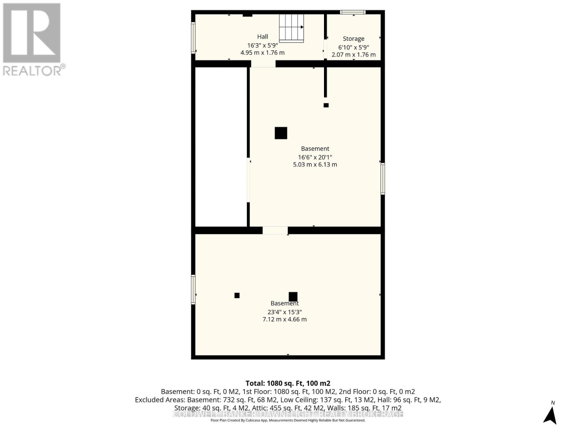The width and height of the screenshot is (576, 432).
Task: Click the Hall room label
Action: tap(262, 36)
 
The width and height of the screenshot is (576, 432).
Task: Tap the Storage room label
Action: tap(353, 39)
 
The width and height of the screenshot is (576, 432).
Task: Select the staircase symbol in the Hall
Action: tap(291, 28)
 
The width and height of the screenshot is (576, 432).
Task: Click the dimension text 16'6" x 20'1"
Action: tap(315, 157)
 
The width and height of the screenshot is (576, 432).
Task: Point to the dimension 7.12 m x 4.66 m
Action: tap(284, 319)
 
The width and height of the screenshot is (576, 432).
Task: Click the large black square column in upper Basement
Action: tap(281, 133)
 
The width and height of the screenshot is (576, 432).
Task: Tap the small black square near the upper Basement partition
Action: tap(326, 105)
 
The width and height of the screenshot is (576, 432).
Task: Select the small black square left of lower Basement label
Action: tap(237, 295)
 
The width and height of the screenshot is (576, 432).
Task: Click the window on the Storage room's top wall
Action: tap(353, 12)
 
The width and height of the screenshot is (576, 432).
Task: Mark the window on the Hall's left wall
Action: tap(193, 38)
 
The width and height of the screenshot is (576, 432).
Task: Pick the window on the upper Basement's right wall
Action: tap(383, 179)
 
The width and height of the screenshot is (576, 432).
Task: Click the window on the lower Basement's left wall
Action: tap(193, 289)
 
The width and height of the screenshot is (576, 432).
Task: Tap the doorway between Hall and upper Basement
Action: tap(263, 64)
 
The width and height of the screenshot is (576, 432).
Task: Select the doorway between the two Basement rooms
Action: tap(275, 230)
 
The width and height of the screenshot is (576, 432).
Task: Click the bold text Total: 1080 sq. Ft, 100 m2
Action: tap(288, 383)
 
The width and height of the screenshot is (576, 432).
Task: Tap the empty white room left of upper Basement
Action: tap(221, 147)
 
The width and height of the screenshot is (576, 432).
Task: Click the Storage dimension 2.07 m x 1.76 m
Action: tap(353, 55)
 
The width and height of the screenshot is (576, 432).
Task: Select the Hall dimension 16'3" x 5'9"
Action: tap(262, 45)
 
